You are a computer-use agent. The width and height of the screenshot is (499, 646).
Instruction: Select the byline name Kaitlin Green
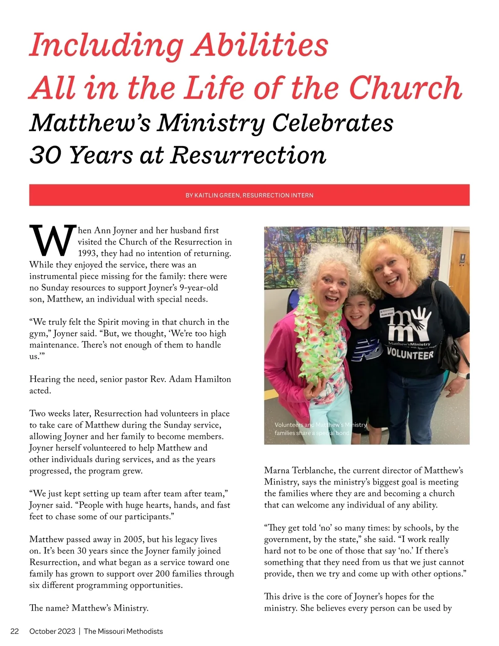[217, 195]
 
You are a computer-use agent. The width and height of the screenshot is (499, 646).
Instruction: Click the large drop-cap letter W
[53, 241]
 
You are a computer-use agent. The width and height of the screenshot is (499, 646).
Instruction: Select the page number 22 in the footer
[15, 631]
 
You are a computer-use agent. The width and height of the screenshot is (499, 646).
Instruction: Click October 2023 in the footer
[52, 631]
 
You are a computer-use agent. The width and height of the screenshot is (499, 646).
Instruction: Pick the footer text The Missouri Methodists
[123, 631]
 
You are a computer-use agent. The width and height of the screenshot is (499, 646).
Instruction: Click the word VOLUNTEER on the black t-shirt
[410, 354]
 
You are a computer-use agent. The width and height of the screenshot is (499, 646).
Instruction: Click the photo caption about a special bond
[320, 429]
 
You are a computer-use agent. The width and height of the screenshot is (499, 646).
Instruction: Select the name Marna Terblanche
[299, 470]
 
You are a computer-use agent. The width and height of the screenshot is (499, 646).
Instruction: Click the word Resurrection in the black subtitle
[248, 155]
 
